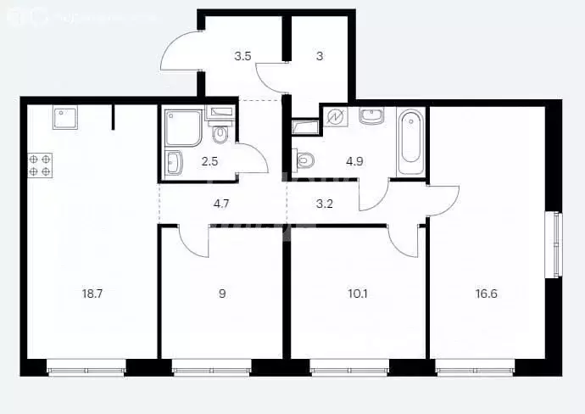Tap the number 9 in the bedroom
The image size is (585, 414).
[221, 294]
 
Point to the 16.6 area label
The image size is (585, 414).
[487, 294]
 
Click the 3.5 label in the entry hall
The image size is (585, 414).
[242, 57]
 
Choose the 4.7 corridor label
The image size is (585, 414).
[220, 203]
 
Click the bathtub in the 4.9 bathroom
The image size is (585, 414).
[409, 137]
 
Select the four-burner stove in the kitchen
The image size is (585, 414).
[40, 165]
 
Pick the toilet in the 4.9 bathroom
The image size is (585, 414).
[304, 159]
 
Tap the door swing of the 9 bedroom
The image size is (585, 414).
[196, 242]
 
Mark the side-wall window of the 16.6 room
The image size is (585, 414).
[558, 243]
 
